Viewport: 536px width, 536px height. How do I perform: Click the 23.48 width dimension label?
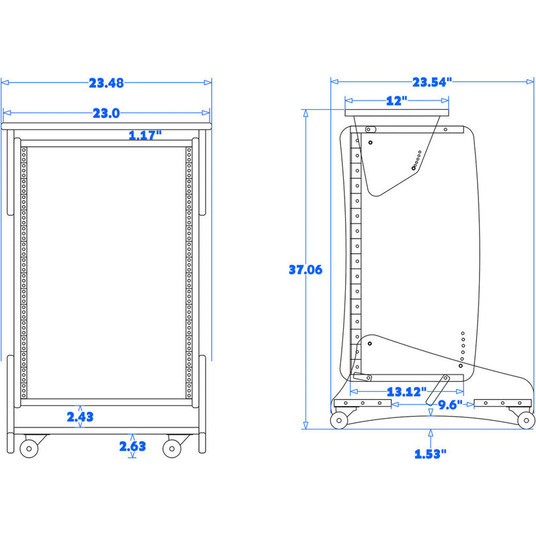[107, 83]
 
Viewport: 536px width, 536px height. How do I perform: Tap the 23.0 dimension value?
[107, 113]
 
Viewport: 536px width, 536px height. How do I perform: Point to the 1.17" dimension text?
[145, 135]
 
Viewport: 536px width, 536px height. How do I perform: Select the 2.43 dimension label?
[80, 417]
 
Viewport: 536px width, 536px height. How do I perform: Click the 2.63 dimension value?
[133, 446]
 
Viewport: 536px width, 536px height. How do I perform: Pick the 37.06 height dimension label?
[306, 270]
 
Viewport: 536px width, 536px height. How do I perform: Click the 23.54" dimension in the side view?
[432, 82]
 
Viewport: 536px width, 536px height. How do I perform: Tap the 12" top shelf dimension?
[397, 100]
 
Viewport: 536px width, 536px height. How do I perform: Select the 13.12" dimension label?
[407, 392]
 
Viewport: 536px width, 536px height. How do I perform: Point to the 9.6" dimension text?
[450, 405]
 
